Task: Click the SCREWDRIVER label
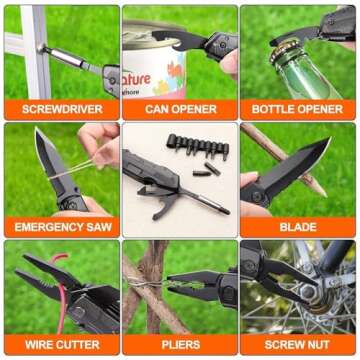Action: (x=59, y=108)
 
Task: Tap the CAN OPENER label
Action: (x=179, y=108)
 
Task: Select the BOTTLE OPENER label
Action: (x=298, y=108)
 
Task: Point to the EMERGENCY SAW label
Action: (x=59, y=226)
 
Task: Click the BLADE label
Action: (x=298, y=226)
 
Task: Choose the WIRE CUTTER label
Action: (x=59, y=344)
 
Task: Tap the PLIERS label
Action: (x=179, y=344)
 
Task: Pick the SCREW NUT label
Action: (x=298, y=344)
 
